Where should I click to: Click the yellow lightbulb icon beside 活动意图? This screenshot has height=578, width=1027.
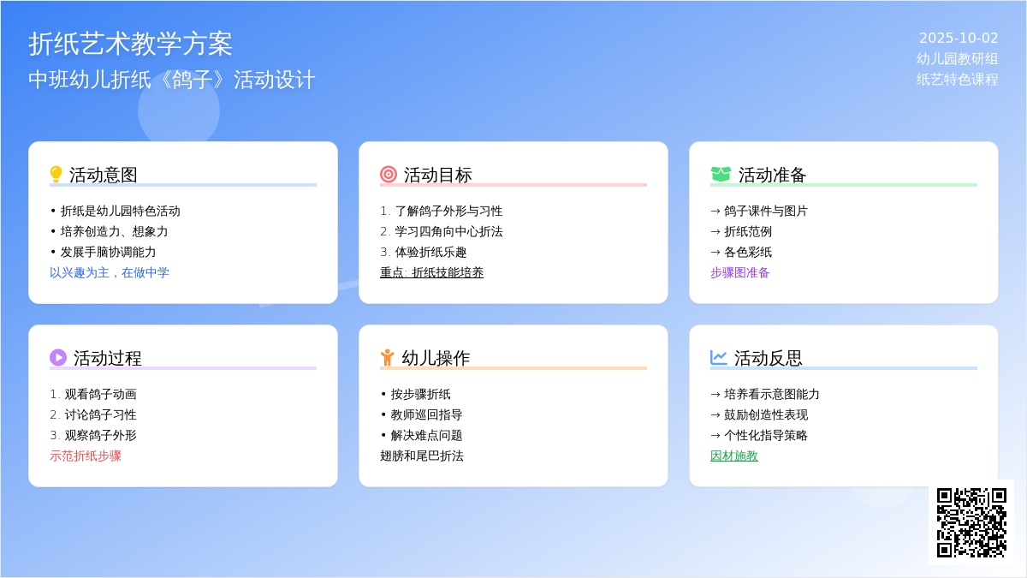[56, 175]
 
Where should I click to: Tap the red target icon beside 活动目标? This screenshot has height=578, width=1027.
[389, 175]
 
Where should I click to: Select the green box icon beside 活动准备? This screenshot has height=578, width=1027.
[721, 175]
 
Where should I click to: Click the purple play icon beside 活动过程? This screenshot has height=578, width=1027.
[58, 357]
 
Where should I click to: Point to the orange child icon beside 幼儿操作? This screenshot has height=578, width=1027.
[387, 357]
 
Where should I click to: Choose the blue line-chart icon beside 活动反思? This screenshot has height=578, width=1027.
[718, 357]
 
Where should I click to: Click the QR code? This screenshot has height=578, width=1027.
[971, 522]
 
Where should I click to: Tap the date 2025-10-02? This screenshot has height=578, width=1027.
[959, 38]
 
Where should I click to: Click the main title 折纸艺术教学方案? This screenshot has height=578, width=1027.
[131, 45]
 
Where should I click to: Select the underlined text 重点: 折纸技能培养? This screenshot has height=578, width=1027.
[431, 272]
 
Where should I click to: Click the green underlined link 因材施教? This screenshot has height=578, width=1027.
[734, 456]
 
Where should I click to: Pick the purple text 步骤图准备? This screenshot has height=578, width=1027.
[740, 272]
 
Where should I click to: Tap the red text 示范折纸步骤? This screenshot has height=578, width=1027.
[86, 456]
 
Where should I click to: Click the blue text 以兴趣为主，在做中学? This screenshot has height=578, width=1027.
[110, 272]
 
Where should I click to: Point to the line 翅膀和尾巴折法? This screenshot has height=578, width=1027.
[422, 456]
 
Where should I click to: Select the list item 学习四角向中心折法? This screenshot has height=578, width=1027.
[448, 231]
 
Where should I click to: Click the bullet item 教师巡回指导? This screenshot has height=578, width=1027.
[426, 414]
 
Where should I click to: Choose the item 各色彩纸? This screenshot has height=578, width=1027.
[748, 252]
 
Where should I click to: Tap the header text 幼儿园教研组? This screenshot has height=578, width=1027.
[957, 59]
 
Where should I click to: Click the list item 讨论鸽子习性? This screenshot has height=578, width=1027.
[100, 414]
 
